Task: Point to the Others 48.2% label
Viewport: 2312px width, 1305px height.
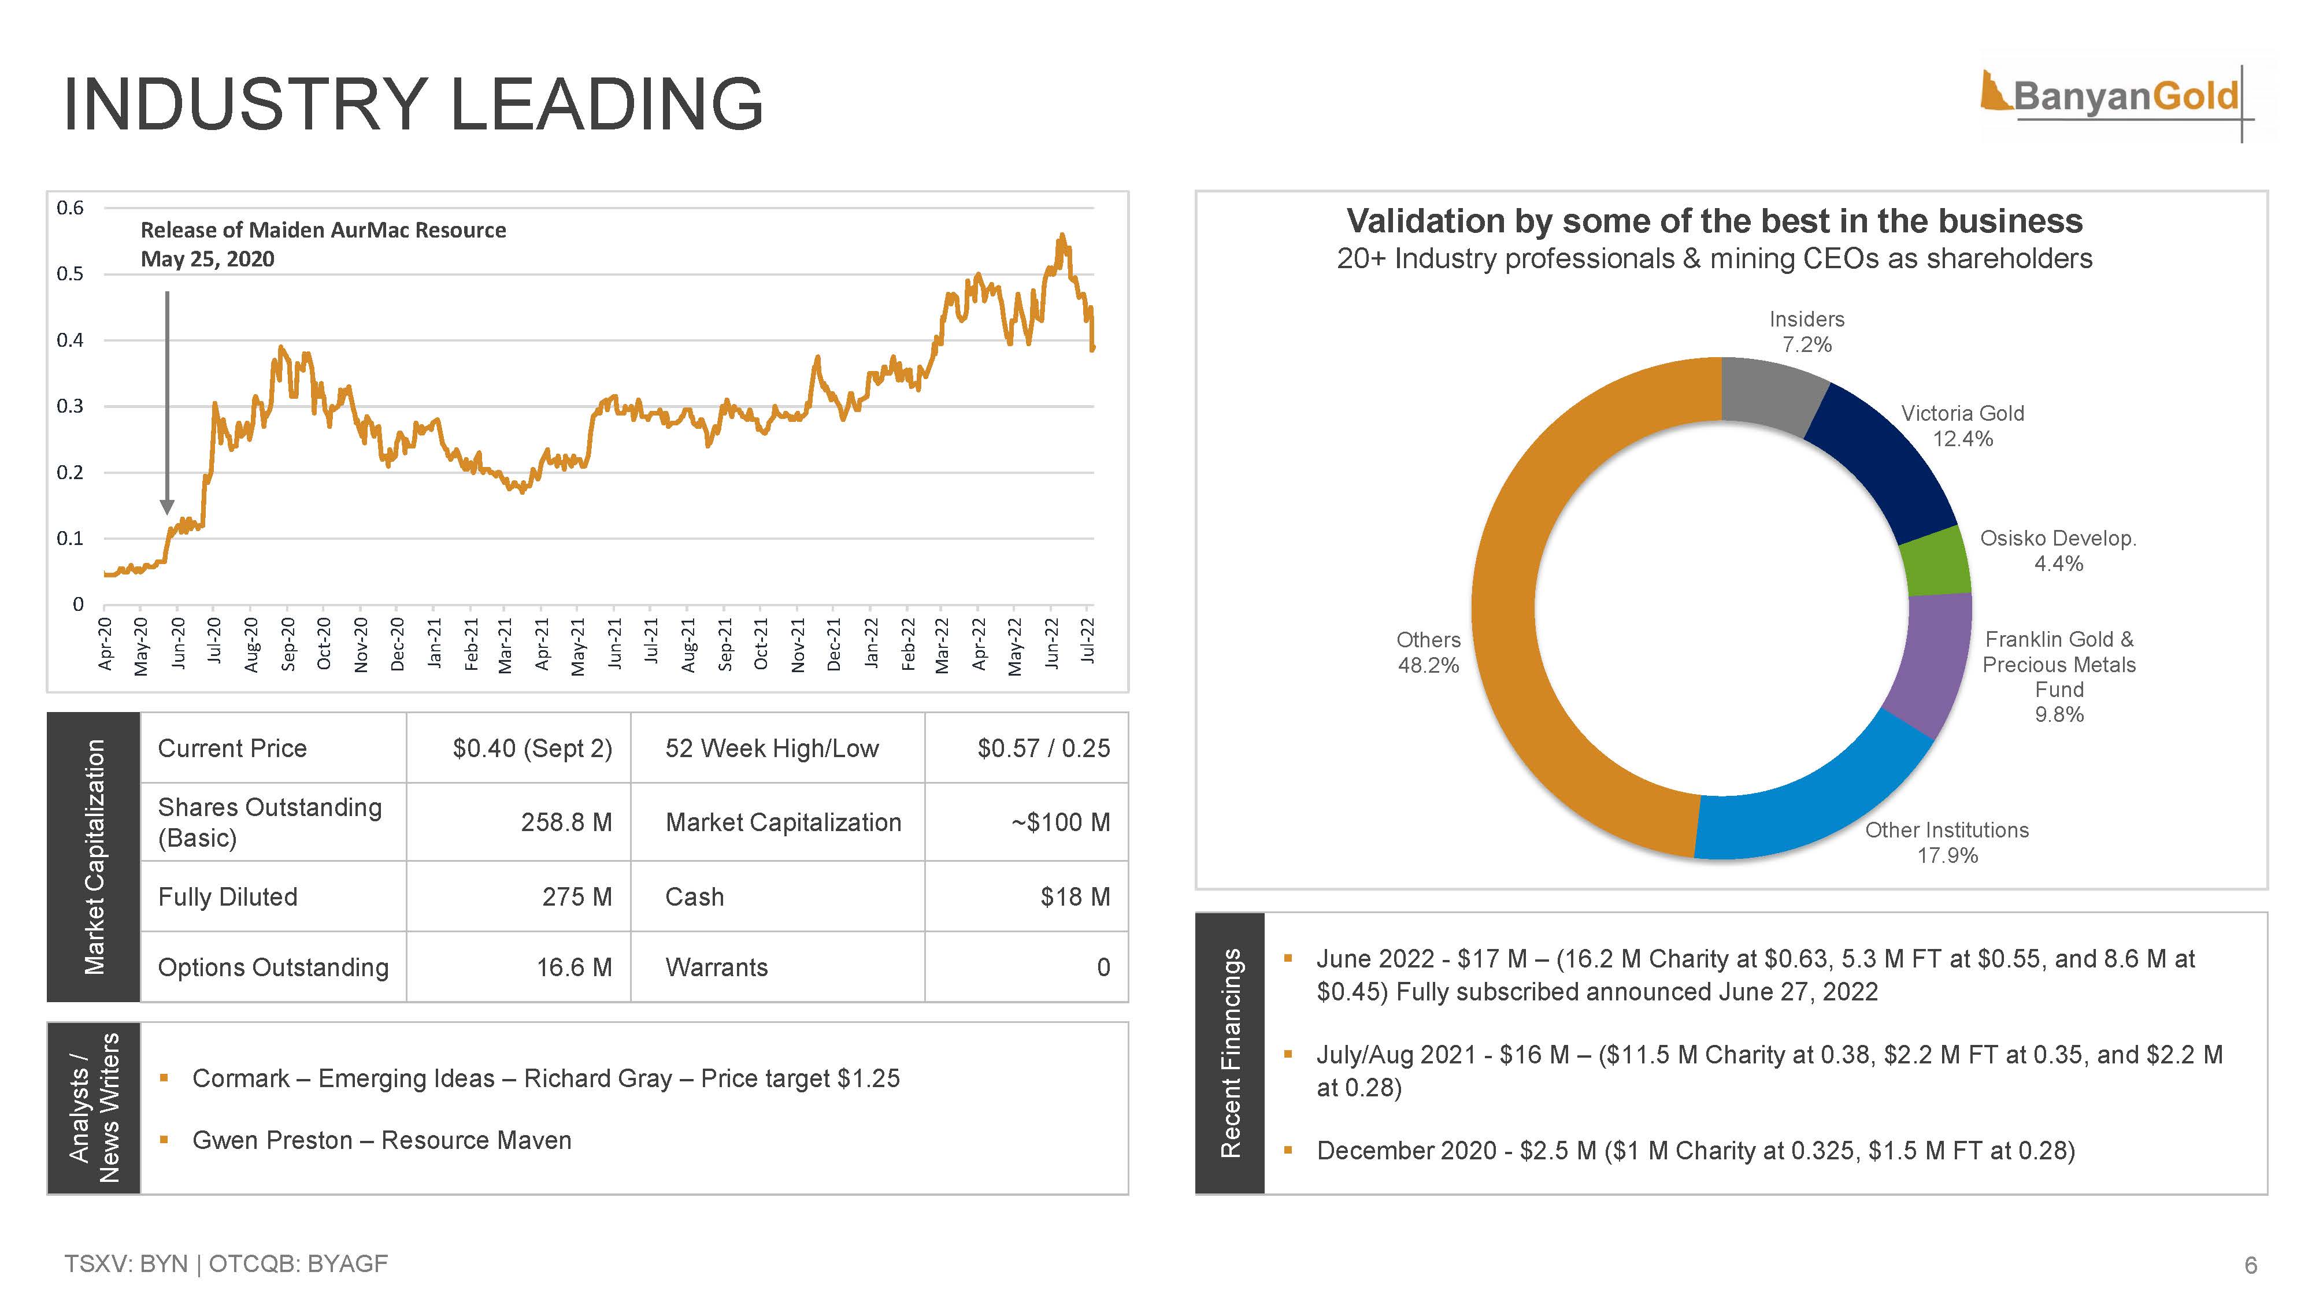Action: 1428,652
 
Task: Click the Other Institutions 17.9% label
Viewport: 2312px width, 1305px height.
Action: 1947,843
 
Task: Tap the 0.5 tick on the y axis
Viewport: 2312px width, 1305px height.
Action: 70,274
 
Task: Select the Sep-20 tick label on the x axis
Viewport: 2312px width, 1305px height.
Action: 288,643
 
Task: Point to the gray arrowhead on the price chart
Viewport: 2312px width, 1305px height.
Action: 167,507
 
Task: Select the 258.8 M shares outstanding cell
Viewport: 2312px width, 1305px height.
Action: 566,822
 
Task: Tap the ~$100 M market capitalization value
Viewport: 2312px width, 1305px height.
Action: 1060,822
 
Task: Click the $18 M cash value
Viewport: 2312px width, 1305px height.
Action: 1075,896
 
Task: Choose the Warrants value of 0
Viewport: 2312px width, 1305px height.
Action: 1103,967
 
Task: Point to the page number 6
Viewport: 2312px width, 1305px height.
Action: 2250,1266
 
